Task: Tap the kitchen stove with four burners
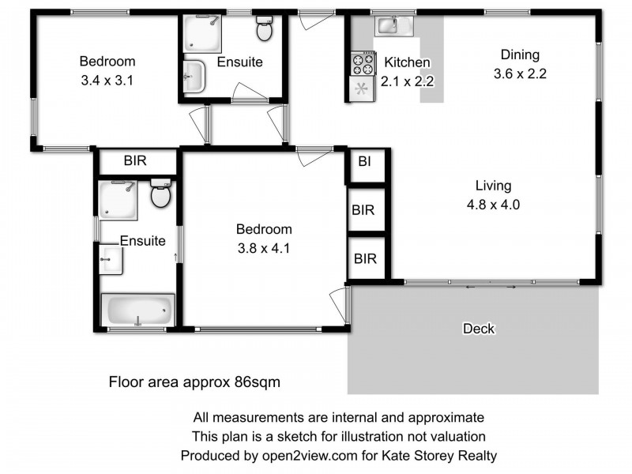click(363, 62)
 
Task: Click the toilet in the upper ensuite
click(264, 30)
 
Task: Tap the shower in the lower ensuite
click(118, 198)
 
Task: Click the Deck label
click(478, 329)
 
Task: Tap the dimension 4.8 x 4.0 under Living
click(493, 204)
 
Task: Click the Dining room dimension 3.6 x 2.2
click(519, 73)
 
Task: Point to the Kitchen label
click(407, 62)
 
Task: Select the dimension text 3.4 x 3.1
click(107, 79)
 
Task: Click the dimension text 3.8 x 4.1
click(264, 247)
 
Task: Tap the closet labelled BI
click(364, 163)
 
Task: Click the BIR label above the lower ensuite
click(136, 160)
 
